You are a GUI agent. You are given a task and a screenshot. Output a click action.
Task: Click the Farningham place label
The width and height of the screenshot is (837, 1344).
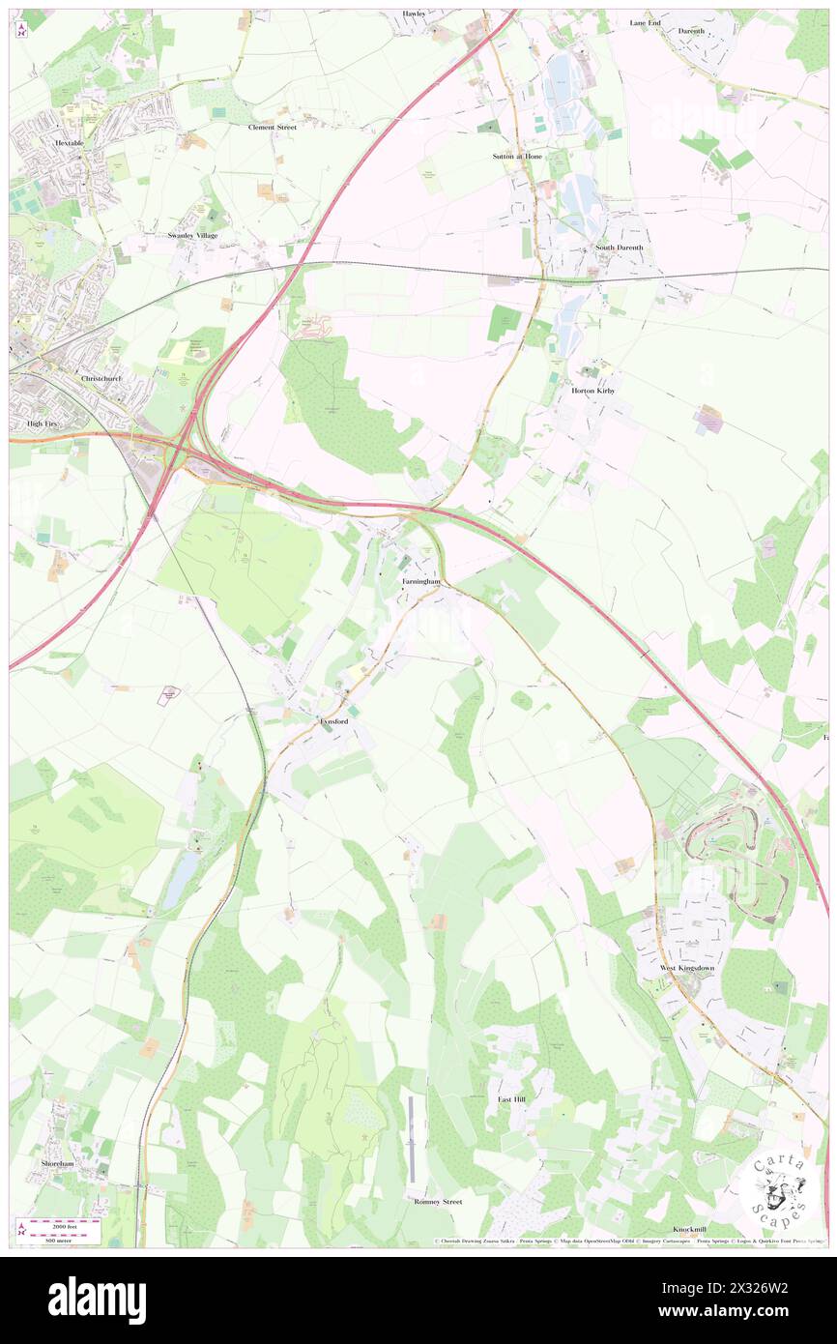(x=421, y=582)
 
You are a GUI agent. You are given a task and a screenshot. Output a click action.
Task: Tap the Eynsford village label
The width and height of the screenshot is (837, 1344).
(x=329, y=721)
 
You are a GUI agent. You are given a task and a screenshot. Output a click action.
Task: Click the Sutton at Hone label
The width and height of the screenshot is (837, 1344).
(x=518, y=156)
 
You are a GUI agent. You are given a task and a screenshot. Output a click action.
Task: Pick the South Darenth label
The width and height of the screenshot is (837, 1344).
(x=619, y=248)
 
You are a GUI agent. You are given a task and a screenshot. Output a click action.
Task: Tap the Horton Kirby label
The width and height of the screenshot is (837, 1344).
(x=593, y=391)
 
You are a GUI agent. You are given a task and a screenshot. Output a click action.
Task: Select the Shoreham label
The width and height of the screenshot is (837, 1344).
(x=57, y=1164)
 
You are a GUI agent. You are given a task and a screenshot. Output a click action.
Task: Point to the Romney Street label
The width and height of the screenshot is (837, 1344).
(x=438, y=1201)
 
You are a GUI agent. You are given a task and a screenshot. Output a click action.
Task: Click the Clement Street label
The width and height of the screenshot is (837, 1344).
(x=272, y=127)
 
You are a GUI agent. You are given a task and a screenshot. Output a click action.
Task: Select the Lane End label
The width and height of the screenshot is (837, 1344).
(x=645, y=22)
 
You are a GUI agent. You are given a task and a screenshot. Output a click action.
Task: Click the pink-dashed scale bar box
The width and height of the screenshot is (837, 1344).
(x=61, y=1230)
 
